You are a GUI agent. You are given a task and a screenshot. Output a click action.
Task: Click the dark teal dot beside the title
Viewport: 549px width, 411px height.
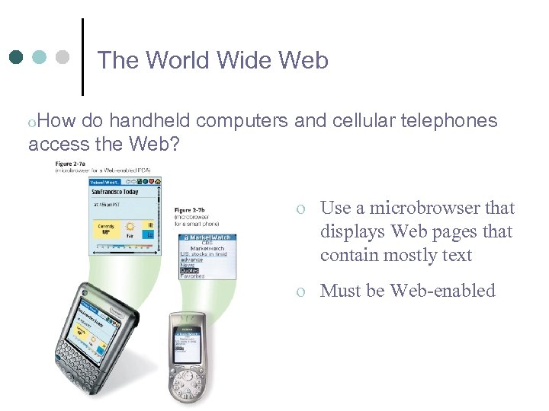17,57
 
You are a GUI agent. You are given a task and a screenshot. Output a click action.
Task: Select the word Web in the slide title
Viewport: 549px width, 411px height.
304,60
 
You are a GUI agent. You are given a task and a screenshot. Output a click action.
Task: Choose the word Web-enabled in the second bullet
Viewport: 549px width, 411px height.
442,291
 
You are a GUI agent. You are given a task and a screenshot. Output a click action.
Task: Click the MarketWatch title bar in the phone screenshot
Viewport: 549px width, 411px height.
205,238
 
